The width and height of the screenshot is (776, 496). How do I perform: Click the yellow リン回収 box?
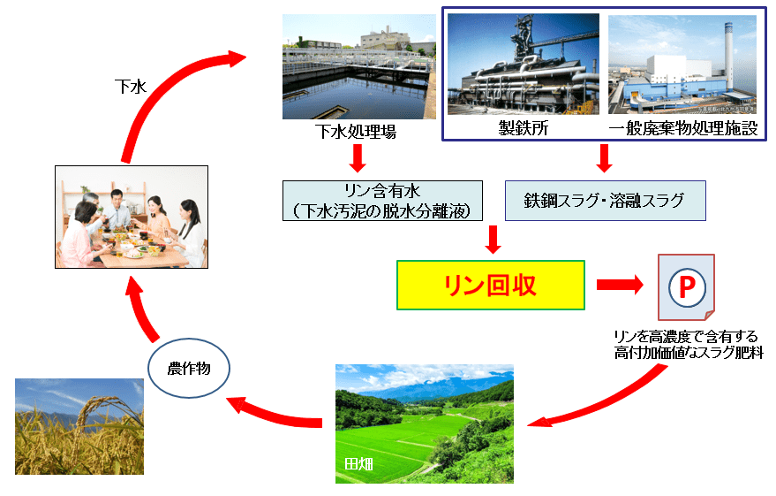[x=490, y=285]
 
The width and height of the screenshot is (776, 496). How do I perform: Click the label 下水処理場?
[x=356, y=133]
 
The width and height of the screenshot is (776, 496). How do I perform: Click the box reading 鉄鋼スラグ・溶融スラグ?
[x=606, y=200]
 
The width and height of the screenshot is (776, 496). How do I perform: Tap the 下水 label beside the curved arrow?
[x=130, y=86]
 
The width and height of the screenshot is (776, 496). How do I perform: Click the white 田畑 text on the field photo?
[x=358, y=462]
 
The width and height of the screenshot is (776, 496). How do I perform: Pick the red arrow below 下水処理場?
[x=357, y=158]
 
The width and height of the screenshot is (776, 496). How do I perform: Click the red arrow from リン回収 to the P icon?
[x=622, y=285]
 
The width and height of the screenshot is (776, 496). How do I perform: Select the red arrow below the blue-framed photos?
[x=605, y=157]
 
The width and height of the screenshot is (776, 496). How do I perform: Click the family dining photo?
[x=131, y=217]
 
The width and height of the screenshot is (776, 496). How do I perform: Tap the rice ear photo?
[x=79, y=426]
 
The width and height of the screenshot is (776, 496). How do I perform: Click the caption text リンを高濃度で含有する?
[x=687, y=336]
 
